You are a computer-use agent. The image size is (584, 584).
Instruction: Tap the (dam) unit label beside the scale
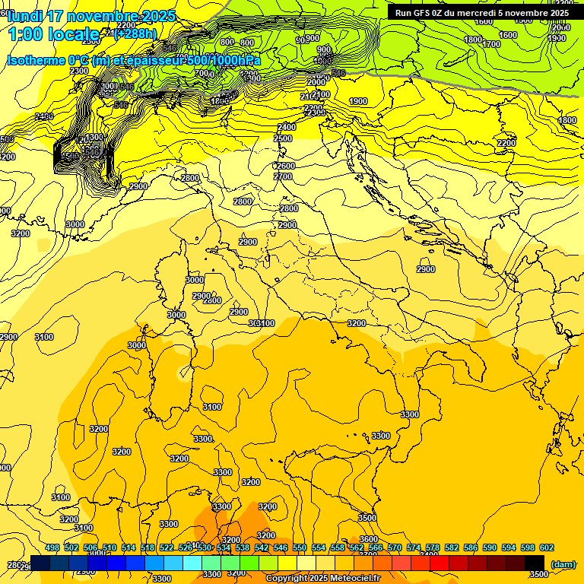coord(563,564)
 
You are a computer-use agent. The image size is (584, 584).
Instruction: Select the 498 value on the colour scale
coord(52,547)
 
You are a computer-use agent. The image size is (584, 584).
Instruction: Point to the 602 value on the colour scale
coord(547,547)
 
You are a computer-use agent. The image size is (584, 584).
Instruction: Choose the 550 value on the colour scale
coord(300,547)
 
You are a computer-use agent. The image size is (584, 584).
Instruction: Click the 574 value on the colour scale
coord(414,547)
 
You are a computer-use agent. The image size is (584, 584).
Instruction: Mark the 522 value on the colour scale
coord(167,547)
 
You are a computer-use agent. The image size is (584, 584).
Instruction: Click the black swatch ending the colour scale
coord(535,563)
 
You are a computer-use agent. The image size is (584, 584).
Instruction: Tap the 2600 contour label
coord(285,166)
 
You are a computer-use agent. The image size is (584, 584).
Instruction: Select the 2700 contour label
coord(283,177)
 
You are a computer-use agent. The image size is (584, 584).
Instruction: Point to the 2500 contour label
coord(283,139)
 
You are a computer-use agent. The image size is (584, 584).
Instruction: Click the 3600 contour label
coord(369,539)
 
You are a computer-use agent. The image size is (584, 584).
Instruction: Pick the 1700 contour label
coord(491,45)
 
